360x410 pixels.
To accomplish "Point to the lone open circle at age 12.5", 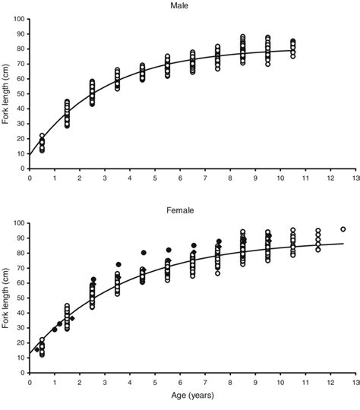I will click(x=343, y=229).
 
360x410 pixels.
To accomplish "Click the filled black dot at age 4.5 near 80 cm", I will click(x=143, y=253).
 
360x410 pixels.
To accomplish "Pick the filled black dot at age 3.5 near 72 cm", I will click(x=118, y=265).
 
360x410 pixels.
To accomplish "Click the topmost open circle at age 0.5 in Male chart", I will click(x=43, y=136).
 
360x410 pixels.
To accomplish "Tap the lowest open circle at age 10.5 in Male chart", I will click(x=293, y=55).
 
